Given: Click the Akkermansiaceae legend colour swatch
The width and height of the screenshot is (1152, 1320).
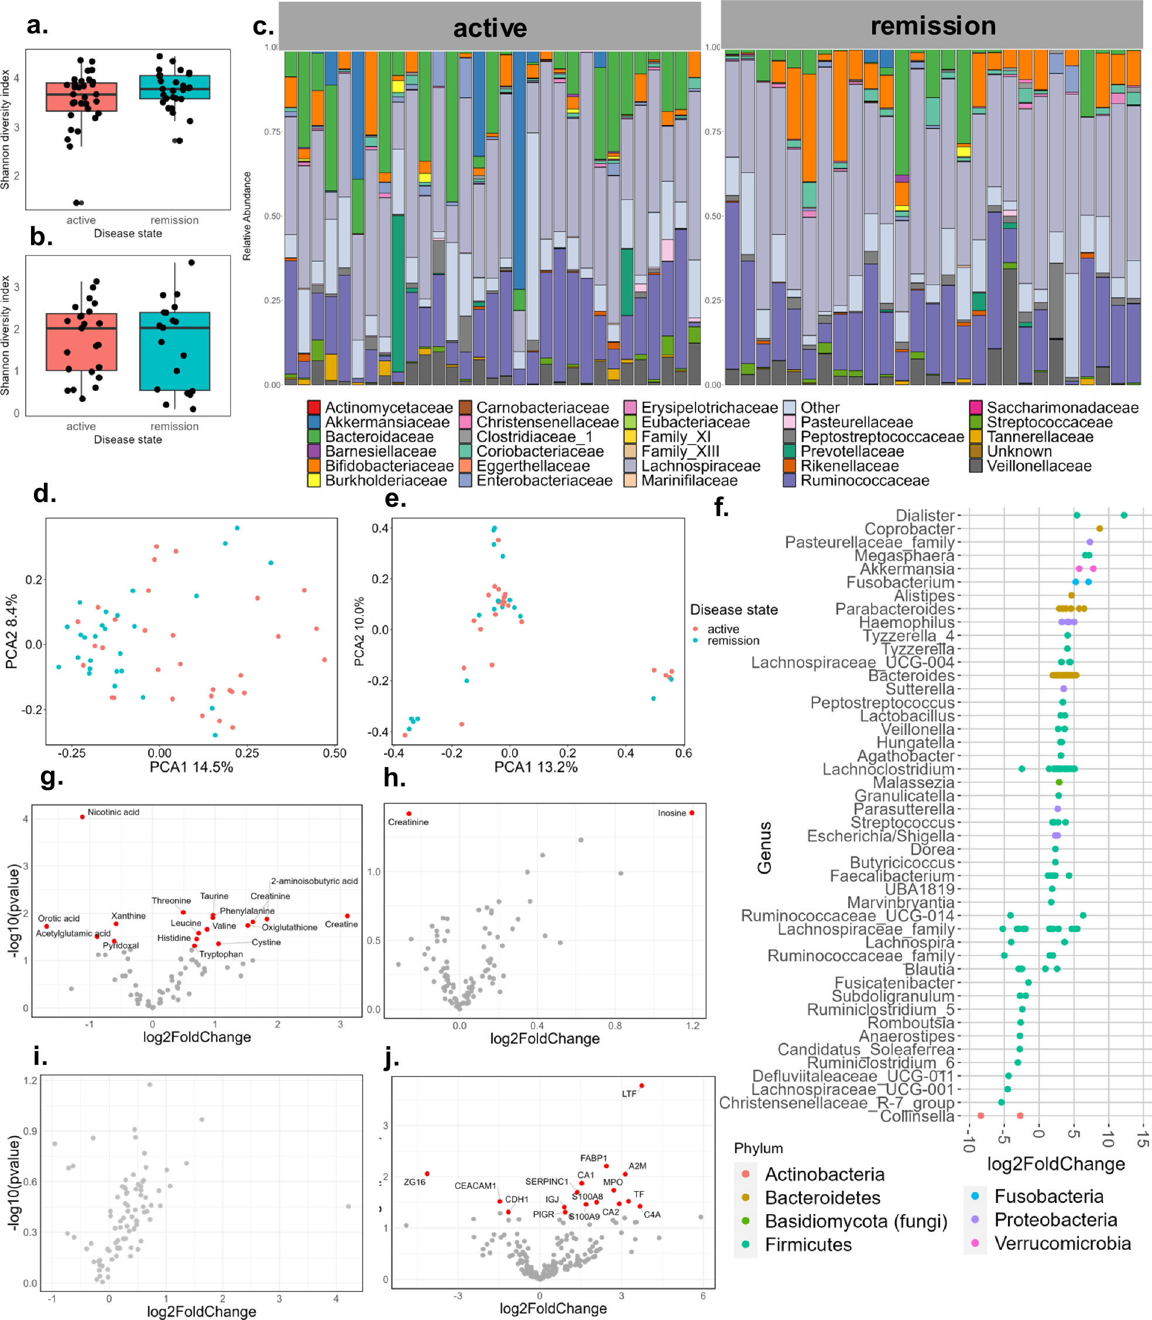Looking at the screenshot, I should click(x=314, y=422).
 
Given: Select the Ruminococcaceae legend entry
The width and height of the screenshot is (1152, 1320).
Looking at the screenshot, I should click(x=864, y=481).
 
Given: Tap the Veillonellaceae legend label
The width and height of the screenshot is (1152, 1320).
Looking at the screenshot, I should click(x=1039, y=466).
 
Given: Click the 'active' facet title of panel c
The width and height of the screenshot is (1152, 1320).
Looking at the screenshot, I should click(x=490, y=27).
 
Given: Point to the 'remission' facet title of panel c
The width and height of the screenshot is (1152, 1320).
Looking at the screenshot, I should click(x=933, y=26).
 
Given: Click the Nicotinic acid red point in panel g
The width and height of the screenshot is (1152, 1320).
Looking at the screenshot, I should click(x=83, y=817).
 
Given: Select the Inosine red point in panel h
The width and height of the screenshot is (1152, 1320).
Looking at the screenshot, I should click(x=692, y=813).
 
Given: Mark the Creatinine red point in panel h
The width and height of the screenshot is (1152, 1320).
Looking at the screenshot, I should click(x=409, y=814).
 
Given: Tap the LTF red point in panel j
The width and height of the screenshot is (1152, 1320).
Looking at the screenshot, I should click(x=642, y=1086).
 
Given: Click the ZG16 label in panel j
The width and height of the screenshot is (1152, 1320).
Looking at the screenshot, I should click(x=414, y=1182).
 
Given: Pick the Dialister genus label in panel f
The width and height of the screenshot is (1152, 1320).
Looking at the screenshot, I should click(x=925, y=515).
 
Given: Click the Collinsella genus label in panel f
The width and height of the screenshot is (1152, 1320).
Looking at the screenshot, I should click(x=917, y=1116).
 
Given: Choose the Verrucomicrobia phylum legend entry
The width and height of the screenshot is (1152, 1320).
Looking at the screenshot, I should click(x=1062, y=1243).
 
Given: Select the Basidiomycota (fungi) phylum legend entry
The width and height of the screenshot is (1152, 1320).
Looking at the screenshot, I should click(x=856, y=1221).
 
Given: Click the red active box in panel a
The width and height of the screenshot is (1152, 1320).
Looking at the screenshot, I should click(x=81, y=97).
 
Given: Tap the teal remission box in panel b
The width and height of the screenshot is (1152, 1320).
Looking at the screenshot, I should click(x=175, y=352).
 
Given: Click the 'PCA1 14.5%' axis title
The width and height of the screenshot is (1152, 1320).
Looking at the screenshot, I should click(x=191, y=766).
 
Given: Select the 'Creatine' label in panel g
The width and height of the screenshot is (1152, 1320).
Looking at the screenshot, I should click(x=341, y=924).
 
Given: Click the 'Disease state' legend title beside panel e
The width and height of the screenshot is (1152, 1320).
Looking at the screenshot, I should click(x=733, y=609).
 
